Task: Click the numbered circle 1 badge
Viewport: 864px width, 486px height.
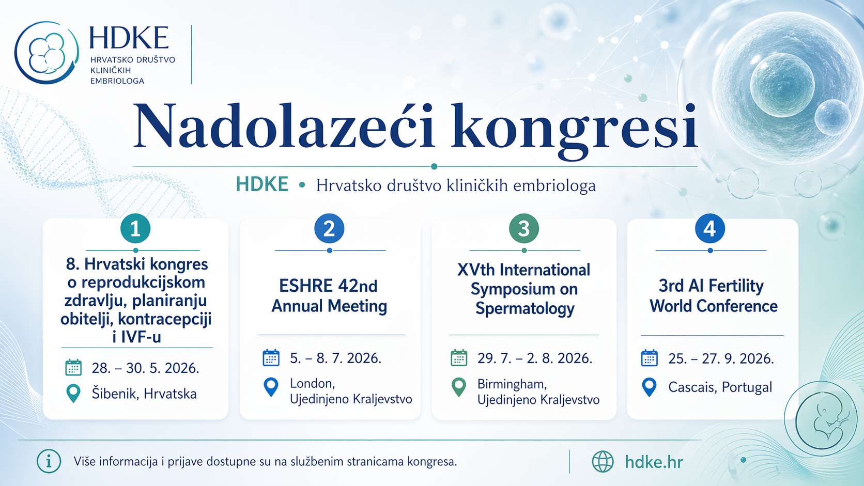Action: pyautogui.click(x=135, y=228)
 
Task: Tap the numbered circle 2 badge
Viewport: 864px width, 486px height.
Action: pyautogui.click(x=329, y=228)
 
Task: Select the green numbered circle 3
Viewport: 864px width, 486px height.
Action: pyautogui.click(x=524, y=228)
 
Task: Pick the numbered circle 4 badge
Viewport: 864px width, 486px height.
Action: pyautogui.click(x=710, y=228)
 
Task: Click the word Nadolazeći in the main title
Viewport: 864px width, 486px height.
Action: pyautogui.click(x=284, y=126)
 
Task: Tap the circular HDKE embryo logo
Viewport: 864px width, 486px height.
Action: pyautogui.click(x=47, y=53)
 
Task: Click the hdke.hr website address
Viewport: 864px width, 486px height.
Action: pyautogui.click(x=654, y=462)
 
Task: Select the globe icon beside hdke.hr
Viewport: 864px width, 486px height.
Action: pyautogui.click(x=603, y=462)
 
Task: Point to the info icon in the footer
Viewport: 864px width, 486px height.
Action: pyautogui.click(x=49, y=461)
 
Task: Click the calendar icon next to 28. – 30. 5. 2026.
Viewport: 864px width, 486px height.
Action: pyautogui.click(x=73, y=367)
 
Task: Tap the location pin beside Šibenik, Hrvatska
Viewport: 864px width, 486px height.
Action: pyautogui.click(x=73, y=394)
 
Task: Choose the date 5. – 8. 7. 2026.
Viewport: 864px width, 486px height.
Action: pyautogui.click(x=335, y=358)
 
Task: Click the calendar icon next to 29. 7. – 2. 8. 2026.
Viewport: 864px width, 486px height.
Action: pyautogui.click(x=459, y=358)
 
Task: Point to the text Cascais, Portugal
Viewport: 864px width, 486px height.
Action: pyautogui.click(x=720, y=387)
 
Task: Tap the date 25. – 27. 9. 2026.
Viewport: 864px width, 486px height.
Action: pyautogui.click(x=721, y=359)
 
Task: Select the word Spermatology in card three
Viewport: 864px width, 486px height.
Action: pyautogui.click(x=524, y=309)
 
